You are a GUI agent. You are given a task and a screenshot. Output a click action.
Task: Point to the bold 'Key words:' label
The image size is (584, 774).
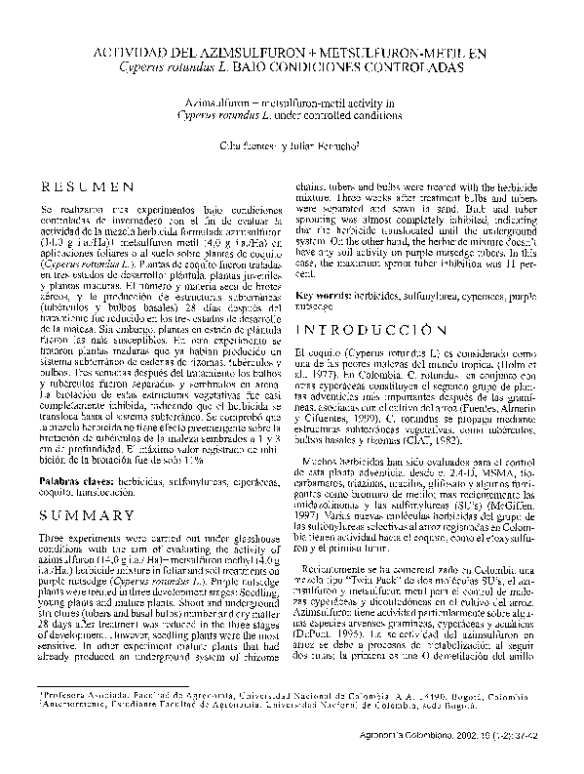tap(324, 294)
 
